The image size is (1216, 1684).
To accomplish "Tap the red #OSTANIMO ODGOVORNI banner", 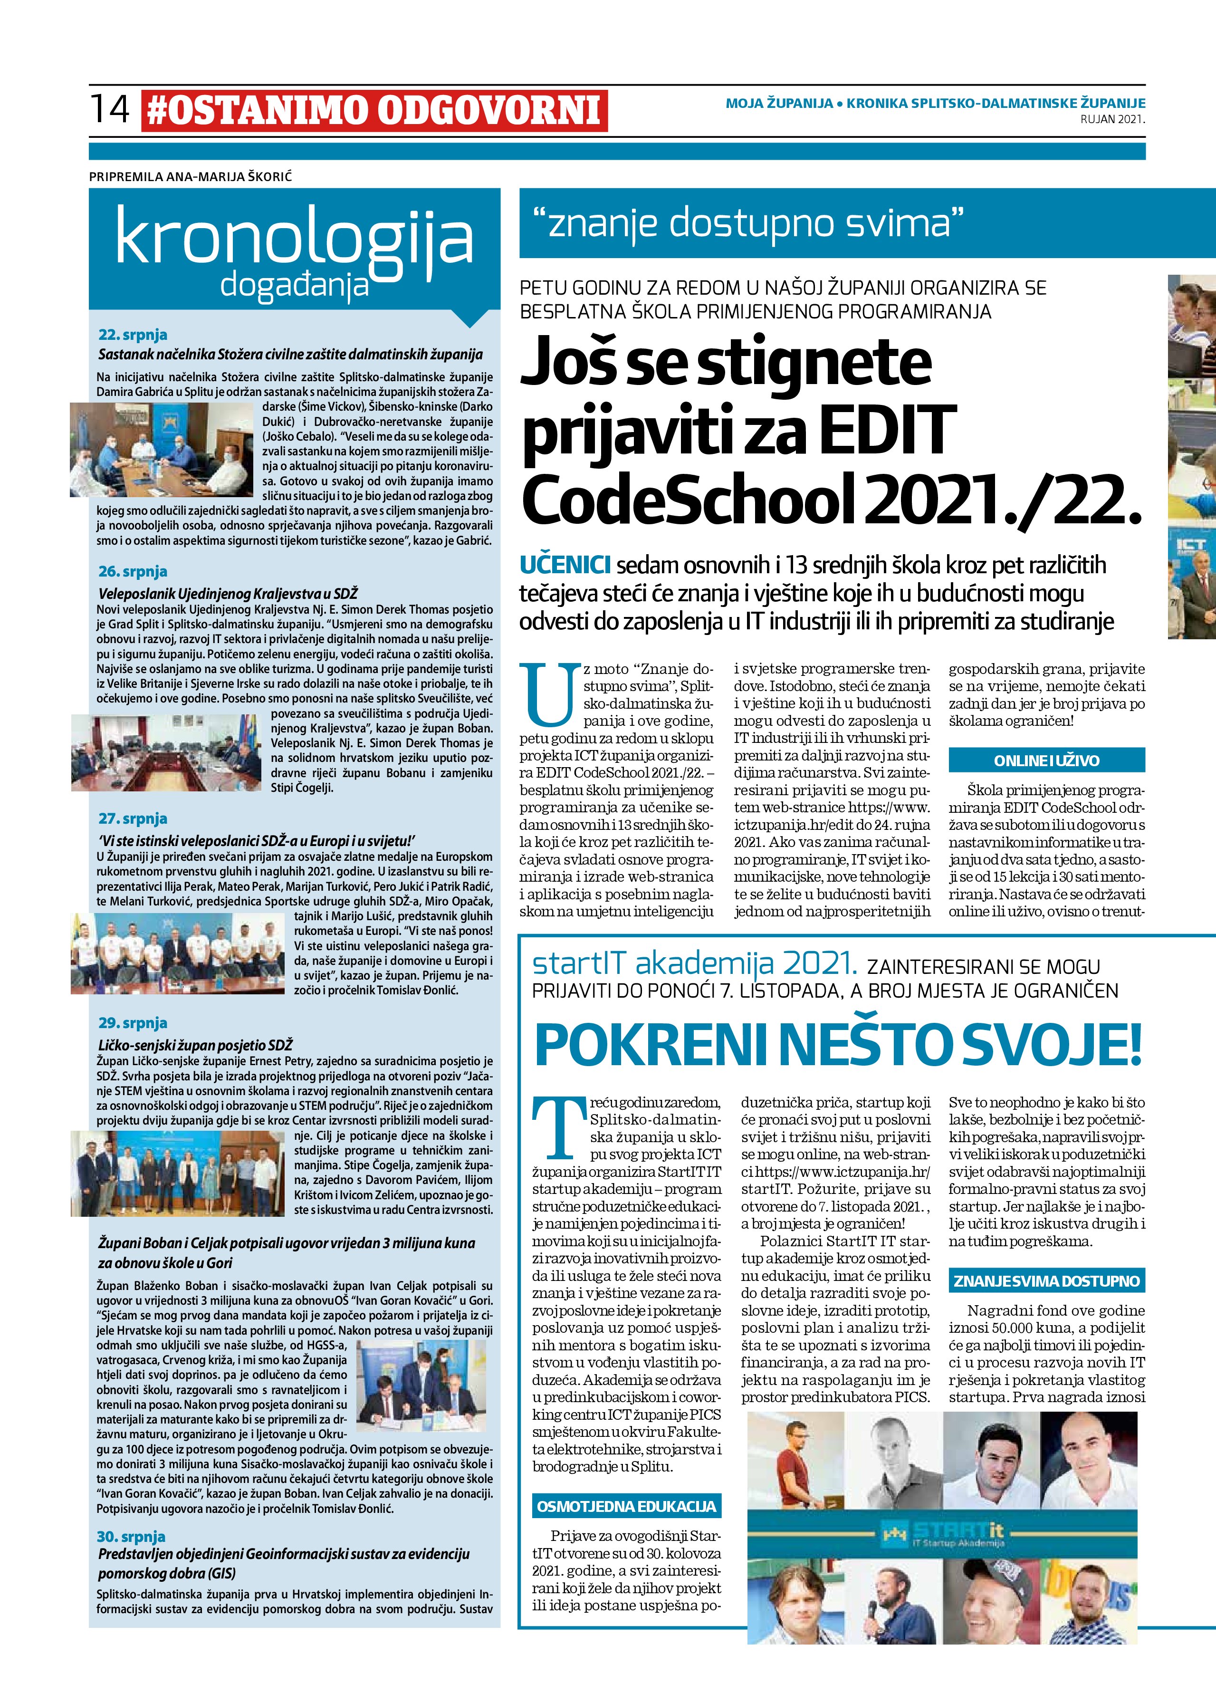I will (374, 111).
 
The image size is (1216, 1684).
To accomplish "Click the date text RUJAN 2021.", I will (1112, 119).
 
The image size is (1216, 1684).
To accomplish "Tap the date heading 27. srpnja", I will (133, 818).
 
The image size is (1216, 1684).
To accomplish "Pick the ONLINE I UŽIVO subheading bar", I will (1047, 761).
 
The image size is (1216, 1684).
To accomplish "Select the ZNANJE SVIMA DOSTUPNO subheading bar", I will (1047, 1281).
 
